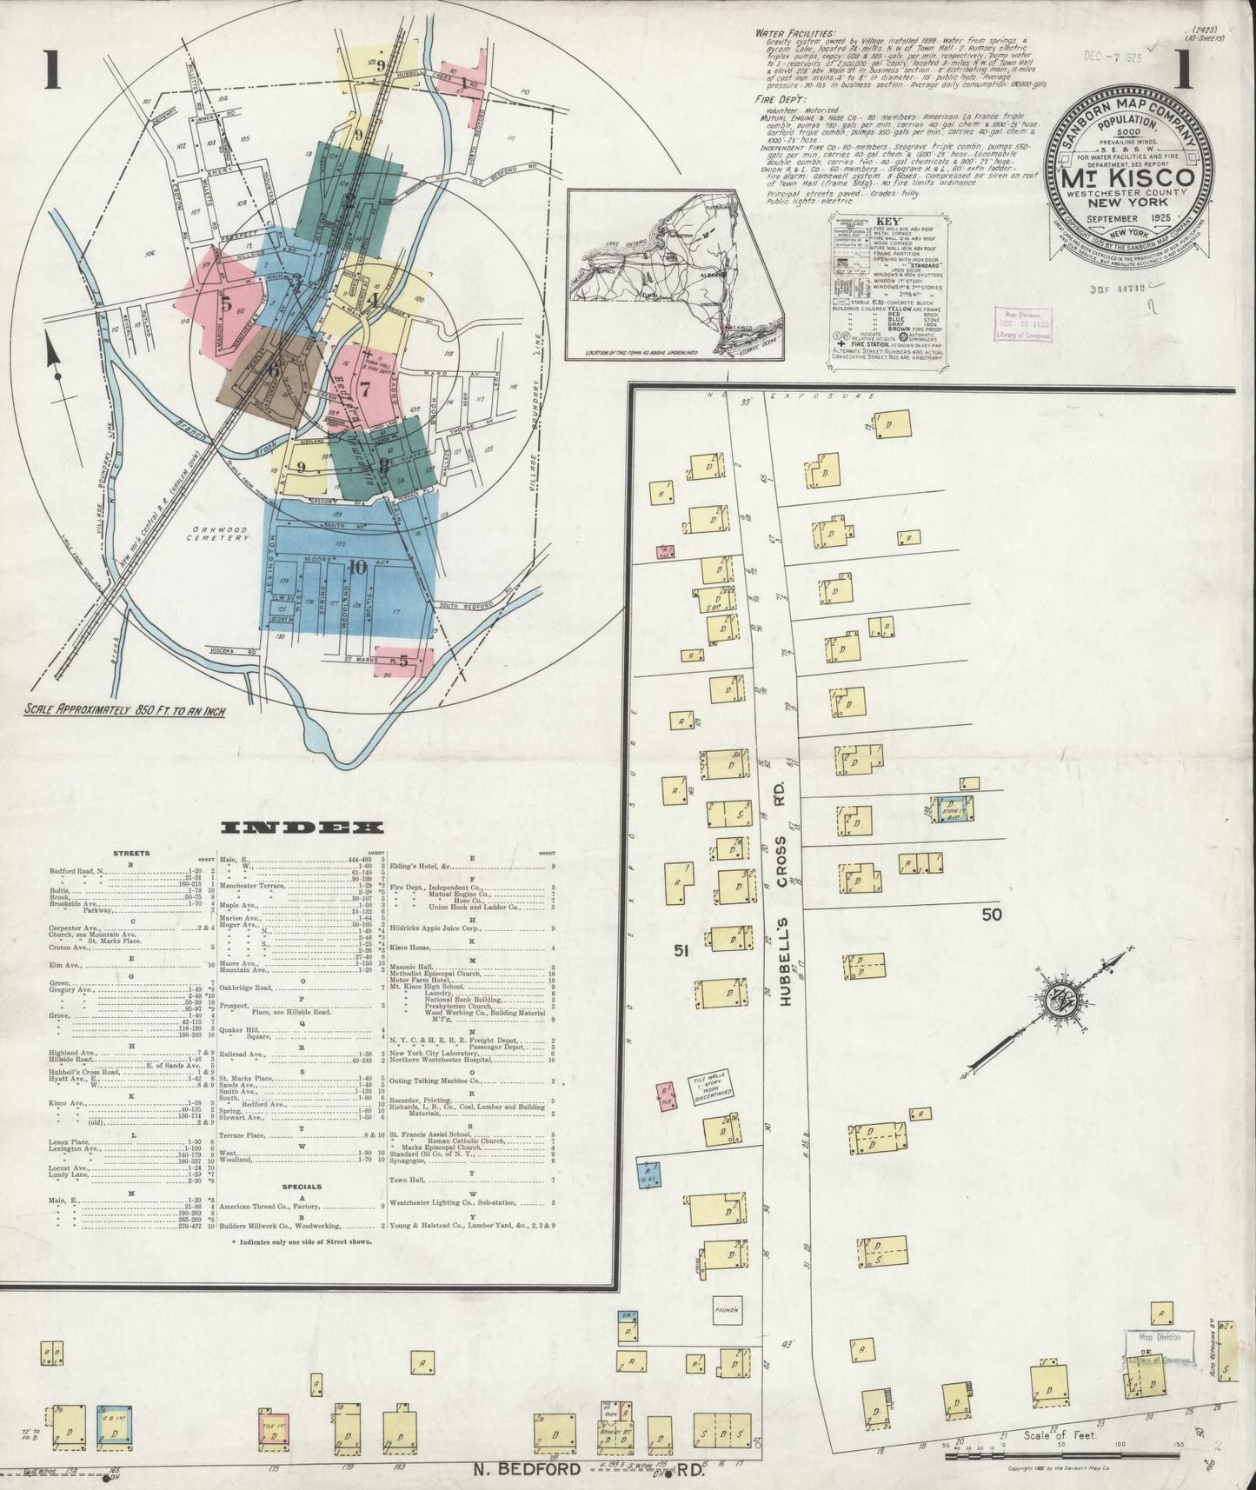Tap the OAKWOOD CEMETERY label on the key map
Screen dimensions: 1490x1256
click(220, 533)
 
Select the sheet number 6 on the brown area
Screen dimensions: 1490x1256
click(274, 369)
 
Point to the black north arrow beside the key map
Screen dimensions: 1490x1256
click(55, 366)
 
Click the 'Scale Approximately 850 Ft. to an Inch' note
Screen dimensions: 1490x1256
click(126, 710)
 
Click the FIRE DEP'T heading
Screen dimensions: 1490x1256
click(776, 101)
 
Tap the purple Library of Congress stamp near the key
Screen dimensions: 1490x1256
click(1023, 323)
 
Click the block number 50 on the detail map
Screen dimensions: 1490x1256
click(992, 914)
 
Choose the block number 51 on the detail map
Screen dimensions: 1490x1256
click(681, 952)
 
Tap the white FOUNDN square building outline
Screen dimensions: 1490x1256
click(726, 1307)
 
